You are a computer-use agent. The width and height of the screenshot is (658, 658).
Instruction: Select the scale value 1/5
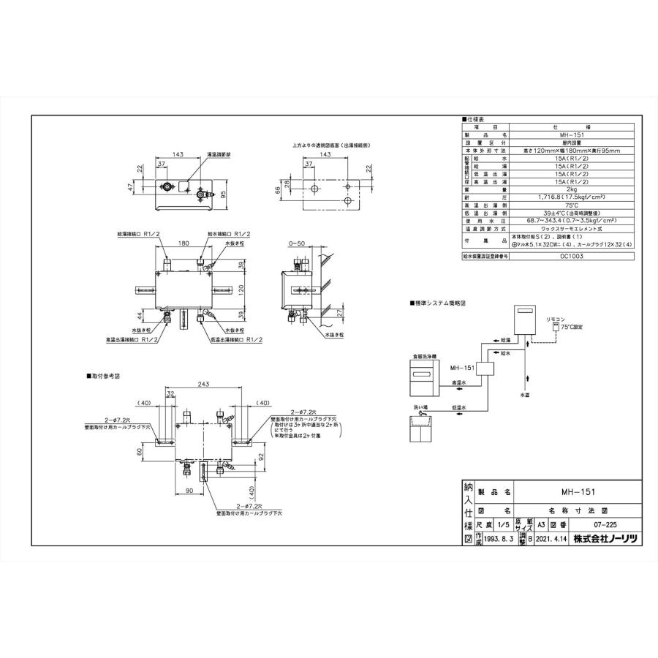(x=502, y=525)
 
